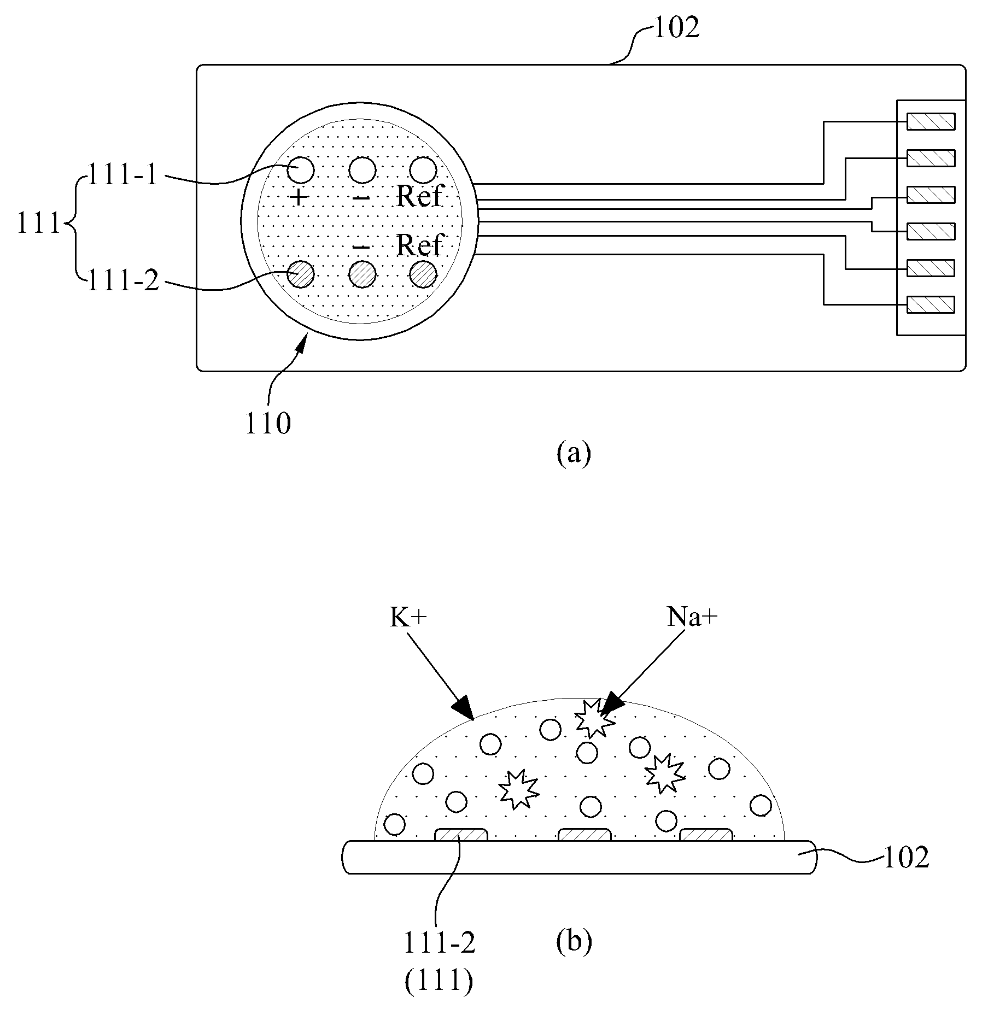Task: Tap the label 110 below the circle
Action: [268, 424]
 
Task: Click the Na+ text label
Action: [692, 618]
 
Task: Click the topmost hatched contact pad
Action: [931, 121]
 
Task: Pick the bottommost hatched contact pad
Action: [931, 304]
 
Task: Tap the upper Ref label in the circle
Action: [418, 196]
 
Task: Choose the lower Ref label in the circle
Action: [418, 245]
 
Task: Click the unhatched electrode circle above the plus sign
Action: [300, 170]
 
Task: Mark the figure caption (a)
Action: [574, 453]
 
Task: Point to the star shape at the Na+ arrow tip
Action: [595, 718]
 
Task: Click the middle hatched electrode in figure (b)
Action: [584, 835]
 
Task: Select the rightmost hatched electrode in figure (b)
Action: [706, 835]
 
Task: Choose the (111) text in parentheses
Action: [439, 982]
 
